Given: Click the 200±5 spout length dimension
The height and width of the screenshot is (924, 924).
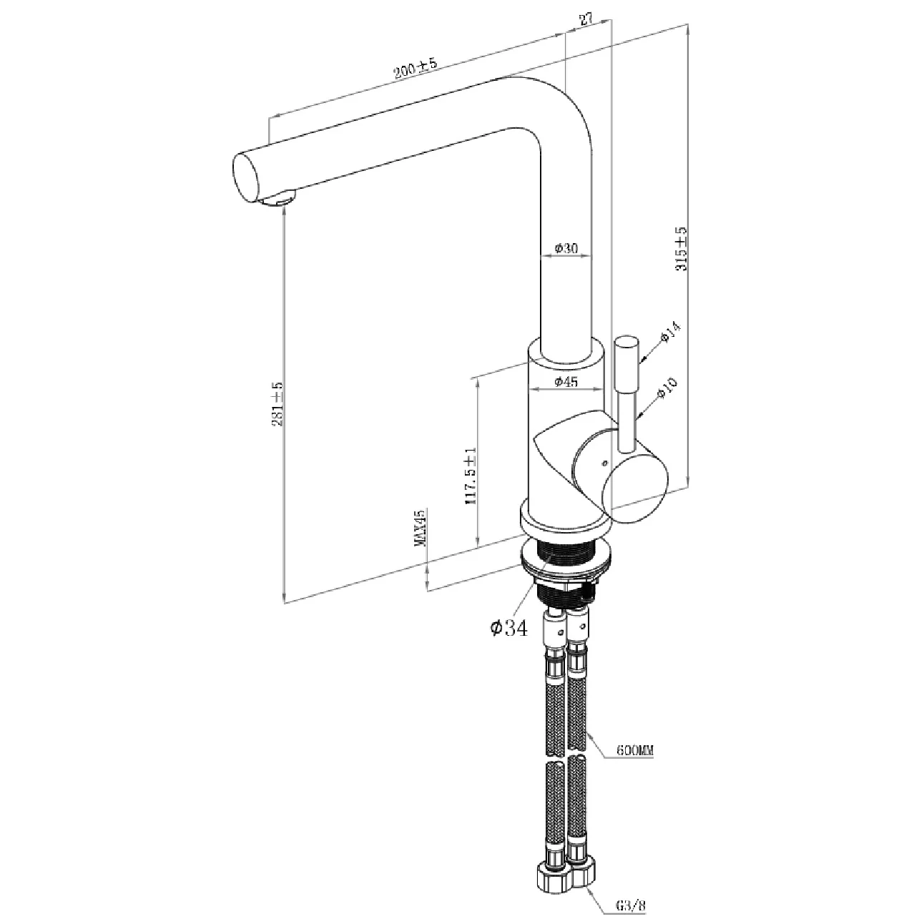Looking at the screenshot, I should pos(414,68).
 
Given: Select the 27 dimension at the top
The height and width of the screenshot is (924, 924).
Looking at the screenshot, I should pos(586,19).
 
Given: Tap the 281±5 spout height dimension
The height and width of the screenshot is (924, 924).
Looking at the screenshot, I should pos(277,404).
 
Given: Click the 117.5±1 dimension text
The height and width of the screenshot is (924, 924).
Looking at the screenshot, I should pos(470,476).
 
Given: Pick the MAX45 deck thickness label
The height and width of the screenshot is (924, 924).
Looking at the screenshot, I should pos(420,528).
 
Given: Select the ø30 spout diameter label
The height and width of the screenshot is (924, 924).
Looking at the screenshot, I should pos(566,248).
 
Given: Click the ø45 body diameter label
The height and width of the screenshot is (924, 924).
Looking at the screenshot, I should pos(566,382).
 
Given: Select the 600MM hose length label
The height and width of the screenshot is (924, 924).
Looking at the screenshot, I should pos(635,751).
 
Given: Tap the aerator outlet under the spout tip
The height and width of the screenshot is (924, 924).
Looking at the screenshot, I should pos(280,198).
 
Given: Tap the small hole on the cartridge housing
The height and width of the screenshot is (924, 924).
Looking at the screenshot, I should pos(604,463).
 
